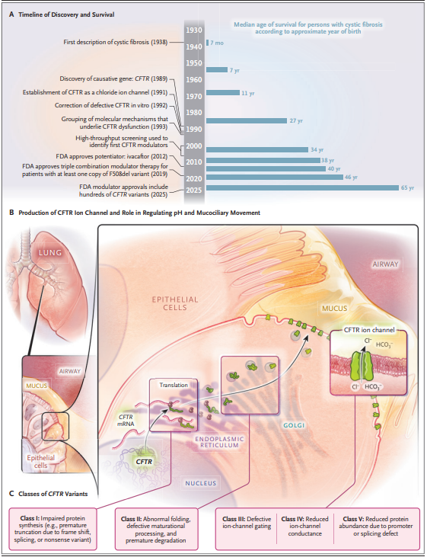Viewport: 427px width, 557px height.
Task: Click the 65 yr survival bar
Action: pyautogui.click(x=302, y=187)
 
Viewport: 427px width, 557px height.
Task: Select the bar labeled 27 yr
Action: pyautogui.click(x=247, y=121)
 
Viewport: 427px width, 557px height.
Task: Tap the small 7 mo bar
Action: pyautogui.click(x=207, y=43)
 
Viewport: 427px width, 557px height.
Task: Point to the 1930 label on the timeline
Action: pyautogui.click(x=194, y=30)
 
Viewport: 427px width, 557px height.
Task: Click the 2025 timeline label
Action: pyautogui.click(x=194, y=190)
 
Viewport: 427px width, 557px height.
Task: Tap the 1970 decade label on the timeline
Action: pyautogui.click(x=194, y=96)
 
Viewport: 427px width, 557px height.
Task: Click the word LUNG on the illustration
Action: pyautogui.click(x=50, y=252)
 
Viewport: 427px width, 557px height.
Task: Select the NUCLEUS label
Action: pyautogui.click(x=200, y=483)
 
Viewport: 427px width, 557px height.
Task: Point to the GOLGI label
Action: pyautogui.click(x=294, y=425)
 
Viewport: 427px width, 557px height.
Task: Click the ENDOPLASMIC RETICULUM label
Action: pyautogui.click(x=219, y=442)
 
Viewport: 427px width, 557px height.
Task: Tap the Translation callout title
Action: pyautogui.click(x=174, y=385)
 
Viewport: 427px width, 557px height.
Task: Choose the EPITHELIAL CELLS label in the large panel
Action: pyautogui.click(x=175, y=303)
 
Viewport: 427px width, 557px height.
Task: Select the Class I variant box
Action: pyautogui.click(x=53, y=530)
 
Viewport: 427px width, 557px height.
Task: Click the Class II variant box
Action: pyautogui.click(x=156, y=530)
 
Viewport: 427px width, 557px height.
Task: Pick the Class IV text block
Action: pyautogui.click(x=305, y=526)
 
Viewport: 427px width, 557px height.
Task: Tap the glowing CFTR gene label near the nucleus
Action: pyautogui.click(x=144, y=462)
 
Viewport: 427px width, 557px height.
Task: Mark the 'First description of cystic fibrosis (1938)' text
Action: pyautogui.click(x=116, y=42)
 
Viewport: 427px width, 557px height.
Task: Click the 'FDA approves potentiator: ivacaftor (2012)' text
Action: pyautogui.click(x=112, y=156)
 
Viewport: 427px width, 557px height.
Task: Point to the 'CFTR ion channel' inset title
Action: pyautogui.click(x=369, y=330)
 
